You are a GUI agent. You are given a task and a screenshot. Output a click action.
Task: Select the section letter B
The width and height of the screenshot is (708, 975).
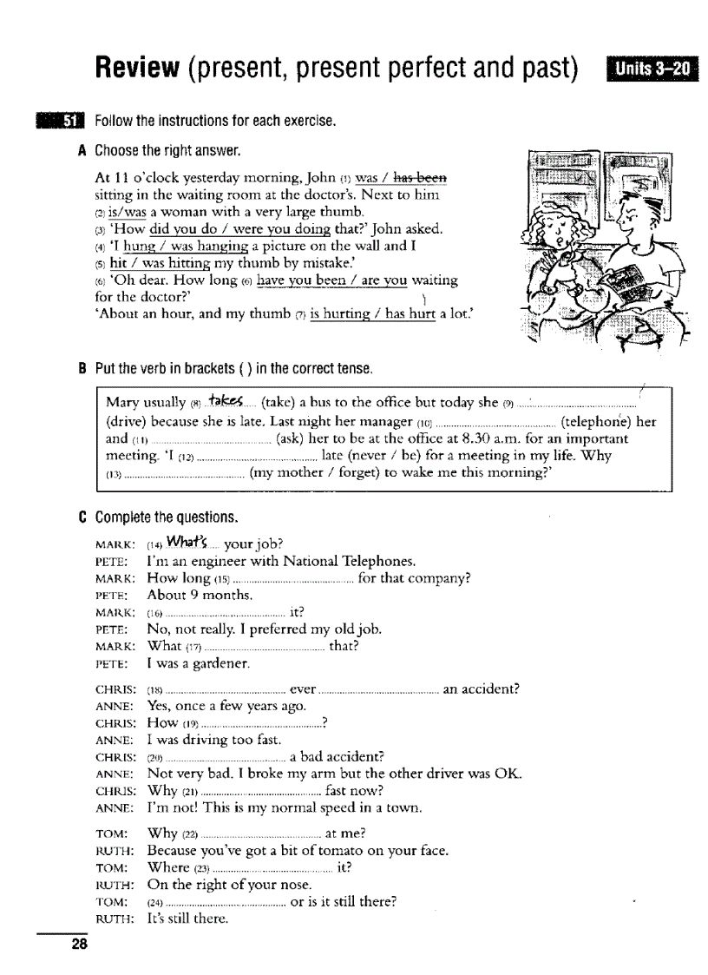point(82,369)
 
